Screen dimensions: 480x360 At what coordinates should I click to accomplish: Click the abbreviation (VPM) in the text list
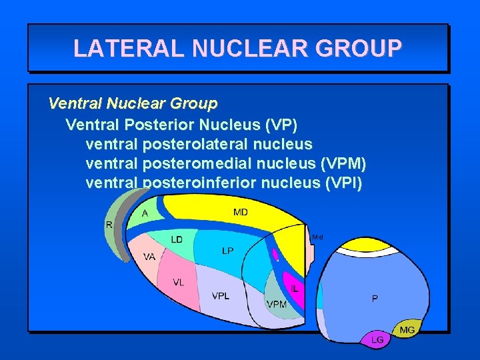point(343,163)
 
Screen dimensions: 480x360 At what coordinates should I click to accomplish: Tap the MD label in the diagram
point(241,212)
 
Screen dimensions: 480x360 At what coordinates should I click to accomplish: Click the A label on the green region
point(145,213)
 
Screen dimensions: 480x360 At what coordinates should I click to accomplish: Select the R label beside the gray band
point(109,225)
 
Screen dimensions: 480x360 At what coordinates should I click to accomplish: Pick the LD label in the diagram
point(177,239)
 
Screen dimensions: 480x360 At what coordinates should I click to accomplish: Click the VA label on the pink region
point(149,256)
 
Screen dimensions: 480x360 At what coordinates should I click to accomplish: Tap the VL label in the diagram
point(179,282)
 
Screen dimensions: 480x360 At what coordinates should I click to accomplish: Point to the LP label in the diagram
point(228,251)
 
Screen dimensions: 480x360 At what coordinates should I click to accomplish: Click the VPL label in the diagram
point(221,296)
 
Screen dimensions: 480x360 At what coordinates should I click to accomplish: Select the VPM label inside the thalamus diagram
point(277,304)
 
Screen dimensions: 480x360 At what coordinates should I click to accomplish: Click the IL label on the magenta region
point(295,289)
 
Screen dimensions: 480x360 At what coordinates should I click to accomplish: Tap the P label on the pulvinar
point(374,299)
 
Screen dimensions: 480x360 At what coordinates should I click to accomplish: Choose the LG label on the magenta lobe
point(377,339)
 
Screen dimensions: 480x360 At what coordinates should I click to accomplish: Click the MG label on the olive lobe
point(407,329)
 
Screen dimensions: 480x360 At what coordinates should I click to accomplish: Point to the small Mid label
point(317,237)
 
